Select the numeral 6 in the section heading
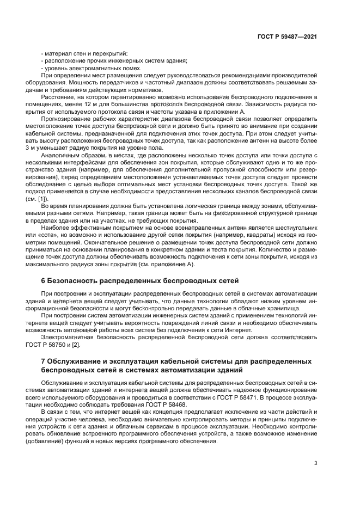click(43, 281)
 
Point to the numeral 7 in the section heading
click(43, 361)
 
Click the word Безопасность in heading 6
click(74, 281)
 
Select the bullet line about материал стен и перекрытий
click(84, 53)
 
